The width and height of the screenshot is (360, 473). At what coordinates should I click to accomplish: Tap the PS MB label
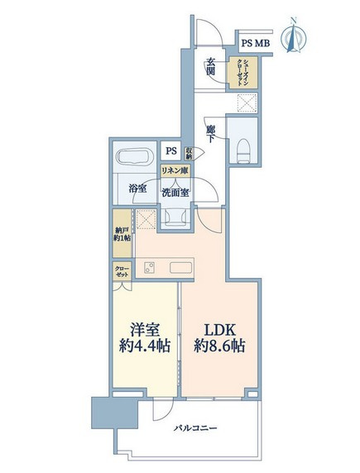[x=254, y=43]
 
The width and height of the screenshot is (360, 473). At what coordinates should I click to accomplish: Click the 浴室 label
[x=137, y=189]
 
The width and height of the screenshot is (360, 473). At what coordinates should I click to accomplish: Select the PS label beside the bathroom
[x=171, y=150]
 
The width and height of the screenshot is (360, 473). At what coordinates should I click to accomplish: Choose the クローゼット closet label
[x=122, y=272]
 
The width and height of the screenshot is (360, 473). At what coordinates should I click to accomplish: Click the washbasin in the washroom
[x=175, y=214]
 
